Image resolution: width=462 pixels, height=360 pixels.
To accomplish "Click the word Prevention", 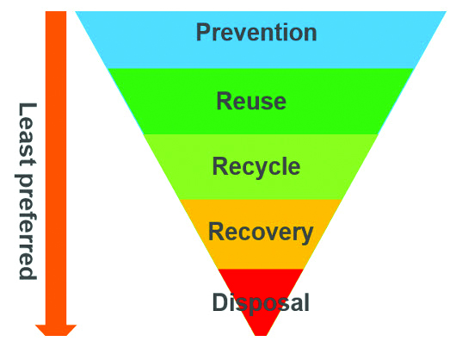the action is [x=256, y=32].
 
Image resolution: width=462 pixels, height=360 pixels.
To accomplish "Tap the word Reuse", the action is [x=251, y=101].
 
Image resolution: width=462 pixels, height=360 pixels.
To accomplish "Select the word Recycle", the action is [x=256, y=167].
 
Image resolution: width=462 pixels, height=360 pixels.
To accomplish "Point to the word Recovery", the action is [x=261, y=233].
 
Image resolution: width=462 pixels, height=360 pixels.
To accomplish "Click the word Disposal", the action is [x=261, y=302].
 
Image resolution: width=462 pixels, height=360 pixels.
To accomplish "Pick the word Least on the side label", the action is [x=28, y=133].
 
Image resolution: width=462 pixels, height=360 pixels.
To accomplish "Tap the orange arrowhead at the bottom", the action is [x=56, y=330].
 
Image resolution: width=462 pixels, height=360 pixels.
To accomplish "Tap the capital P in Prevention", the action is [x=203, y=32].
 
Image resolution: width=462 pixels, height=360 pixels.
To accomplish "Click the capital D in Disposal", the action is [x=219, y=302].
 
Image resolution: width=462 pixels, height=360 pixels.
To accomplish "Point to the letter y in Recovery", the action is [x=305, y=236].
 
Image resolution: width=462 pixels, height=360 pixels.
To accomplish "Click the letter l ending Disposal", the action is [x=307, y=302].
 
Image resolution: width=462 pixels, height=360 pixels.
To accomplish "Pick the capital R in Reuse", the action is [x=225, y=101].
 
